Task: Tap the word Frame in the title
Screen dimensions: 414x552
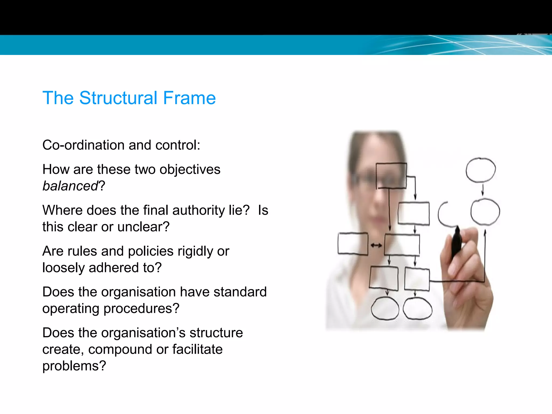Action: pos(189,98)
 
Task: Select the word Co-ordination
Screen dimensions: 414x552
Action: pos(83,145)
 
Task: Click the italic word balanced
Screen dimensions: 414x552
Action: pos(70,186)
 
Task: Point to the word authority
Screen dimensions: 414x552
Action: pos(198,210)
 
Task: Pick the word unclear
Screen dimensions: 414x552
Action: pos(143,227)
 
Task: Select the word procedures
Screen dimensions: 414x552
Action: pos(141,308)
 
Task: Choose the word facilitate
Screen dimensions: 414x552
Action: pos(197,349)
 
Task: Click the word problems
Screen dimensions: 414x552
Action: pos(74,366)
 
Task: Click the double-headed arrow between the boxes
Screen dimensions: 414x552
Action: pos(376,245)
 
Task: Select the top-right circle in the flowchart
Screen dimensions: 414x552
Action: pos(481,170)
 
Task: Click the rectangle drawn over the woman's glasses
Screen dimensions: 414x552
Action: pos(391,175)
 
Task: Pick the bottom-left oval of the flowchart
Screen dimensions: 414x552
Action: pos(385,308)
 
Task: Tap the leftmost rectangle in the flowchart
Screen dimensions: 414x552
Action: pos(353,244)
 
